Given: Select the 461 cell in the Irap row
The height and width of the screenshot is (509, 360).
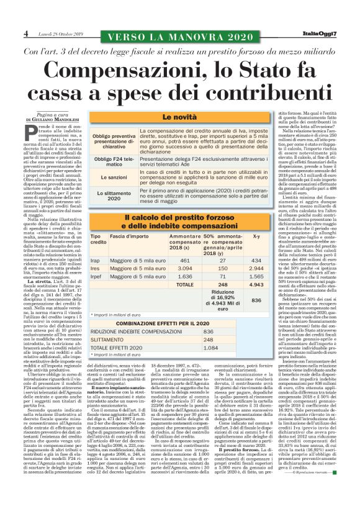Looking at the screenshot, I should coord(184,260).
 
